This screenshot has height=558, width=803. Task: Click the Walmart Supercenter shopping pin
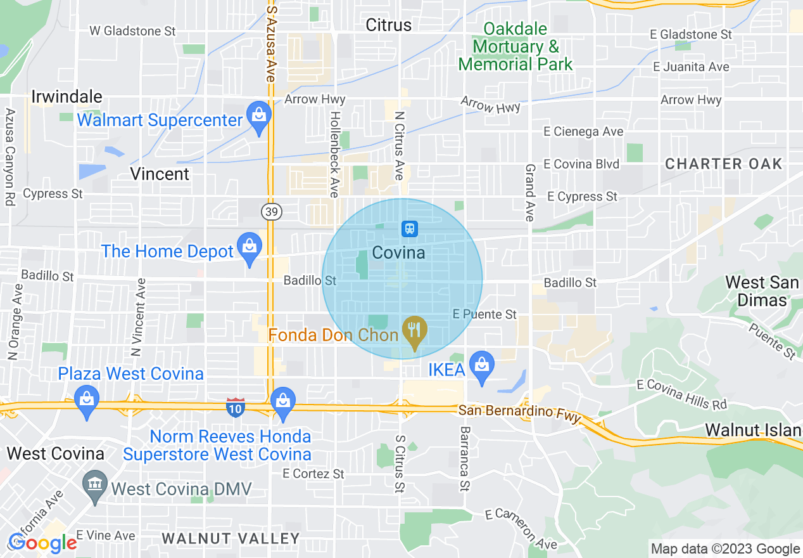pyautogui.click(x=258, y=117)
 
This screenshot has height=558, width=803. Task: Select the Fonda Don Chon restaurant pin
pyautogui.click(x=414, y=331)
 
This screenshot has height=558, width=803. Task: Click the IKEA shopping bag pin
pyautogui.click(x=482, y=367)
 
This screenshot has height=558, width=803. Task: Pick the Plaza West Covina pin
pyautogui.click(x=85, y=401)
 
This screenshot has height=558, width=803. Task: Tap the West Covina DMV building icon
pyautogui.click(x=95, y=487)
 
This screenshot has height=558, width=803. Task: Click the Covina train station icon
pyautogui.click(x=409, y=228)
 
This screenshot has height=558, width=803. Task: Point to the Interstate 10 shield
pyautogui.click(x=235, y=408)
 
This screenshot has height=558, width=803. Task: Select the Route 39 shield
pyautogui.click(x=271, y=212)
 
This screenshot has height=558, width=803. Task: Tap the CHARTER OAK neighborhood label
pyautogui.click(x=723, y=164)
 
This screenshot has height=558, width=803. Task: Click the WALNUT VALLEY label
pyautogui.click(x=231, y=539)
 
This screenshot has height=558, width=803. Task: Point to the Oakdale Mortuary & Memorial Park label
pyautogui.click(x=515, y=46)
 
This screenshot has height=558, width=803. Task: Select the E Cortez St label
pyautogui.click(x=313, y=474)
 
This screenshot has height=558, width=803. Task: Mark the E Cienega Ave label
pyautogui.click(x=584, y=132)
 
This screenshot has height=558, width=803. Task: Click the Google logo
pyautogui.click(x=42, y=543)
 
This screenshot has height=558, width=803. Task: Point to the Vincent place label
pyautogui.click(x=160, y=174)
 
